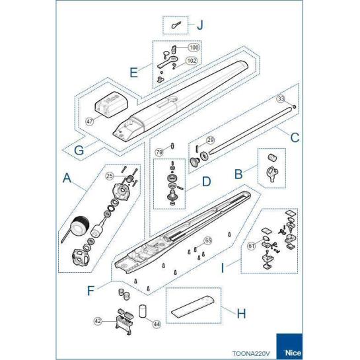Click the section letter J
200,25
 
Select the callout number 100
194,48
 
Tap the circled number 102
192,61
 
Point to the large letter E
133,72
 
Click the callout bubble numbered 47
90,122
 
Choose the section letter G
79,151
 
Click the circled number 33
281,98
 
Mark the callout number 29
210,140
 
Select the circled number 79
159,152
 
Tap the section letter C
295,137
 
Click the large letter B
238,174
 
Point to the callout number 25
110,176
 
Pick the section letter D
206,182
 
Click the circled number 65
208,240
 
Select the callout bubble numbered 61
252,246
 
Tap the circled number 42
98,321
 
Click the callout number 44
157,324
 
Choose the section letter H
241,313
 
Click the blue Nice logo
289,346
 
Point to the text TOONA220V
251,353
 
